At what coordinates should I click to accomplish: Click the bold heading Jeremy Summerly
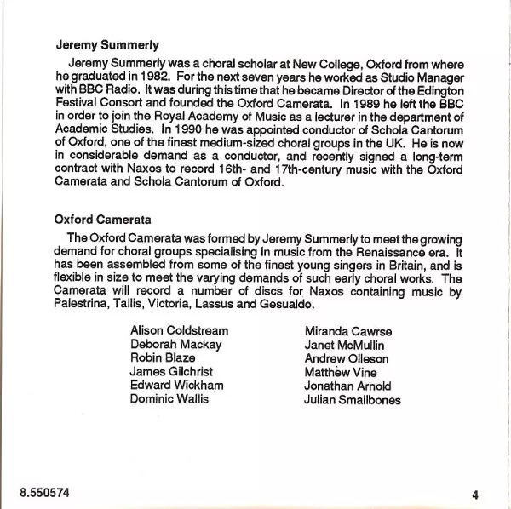(107, 44)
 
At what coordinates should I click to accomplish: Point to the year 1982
(143, 77)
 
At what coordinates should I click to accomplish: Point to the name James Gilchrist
(171, 372)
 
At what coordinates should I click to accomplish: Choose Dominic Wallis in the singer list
(169, 399)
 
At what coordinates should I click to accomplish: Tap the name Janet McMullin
(343, 345)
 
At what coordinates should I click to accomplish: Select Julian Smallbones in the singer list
(353, 399)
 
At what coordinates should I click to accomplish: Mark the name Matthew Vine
(339, 372)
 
